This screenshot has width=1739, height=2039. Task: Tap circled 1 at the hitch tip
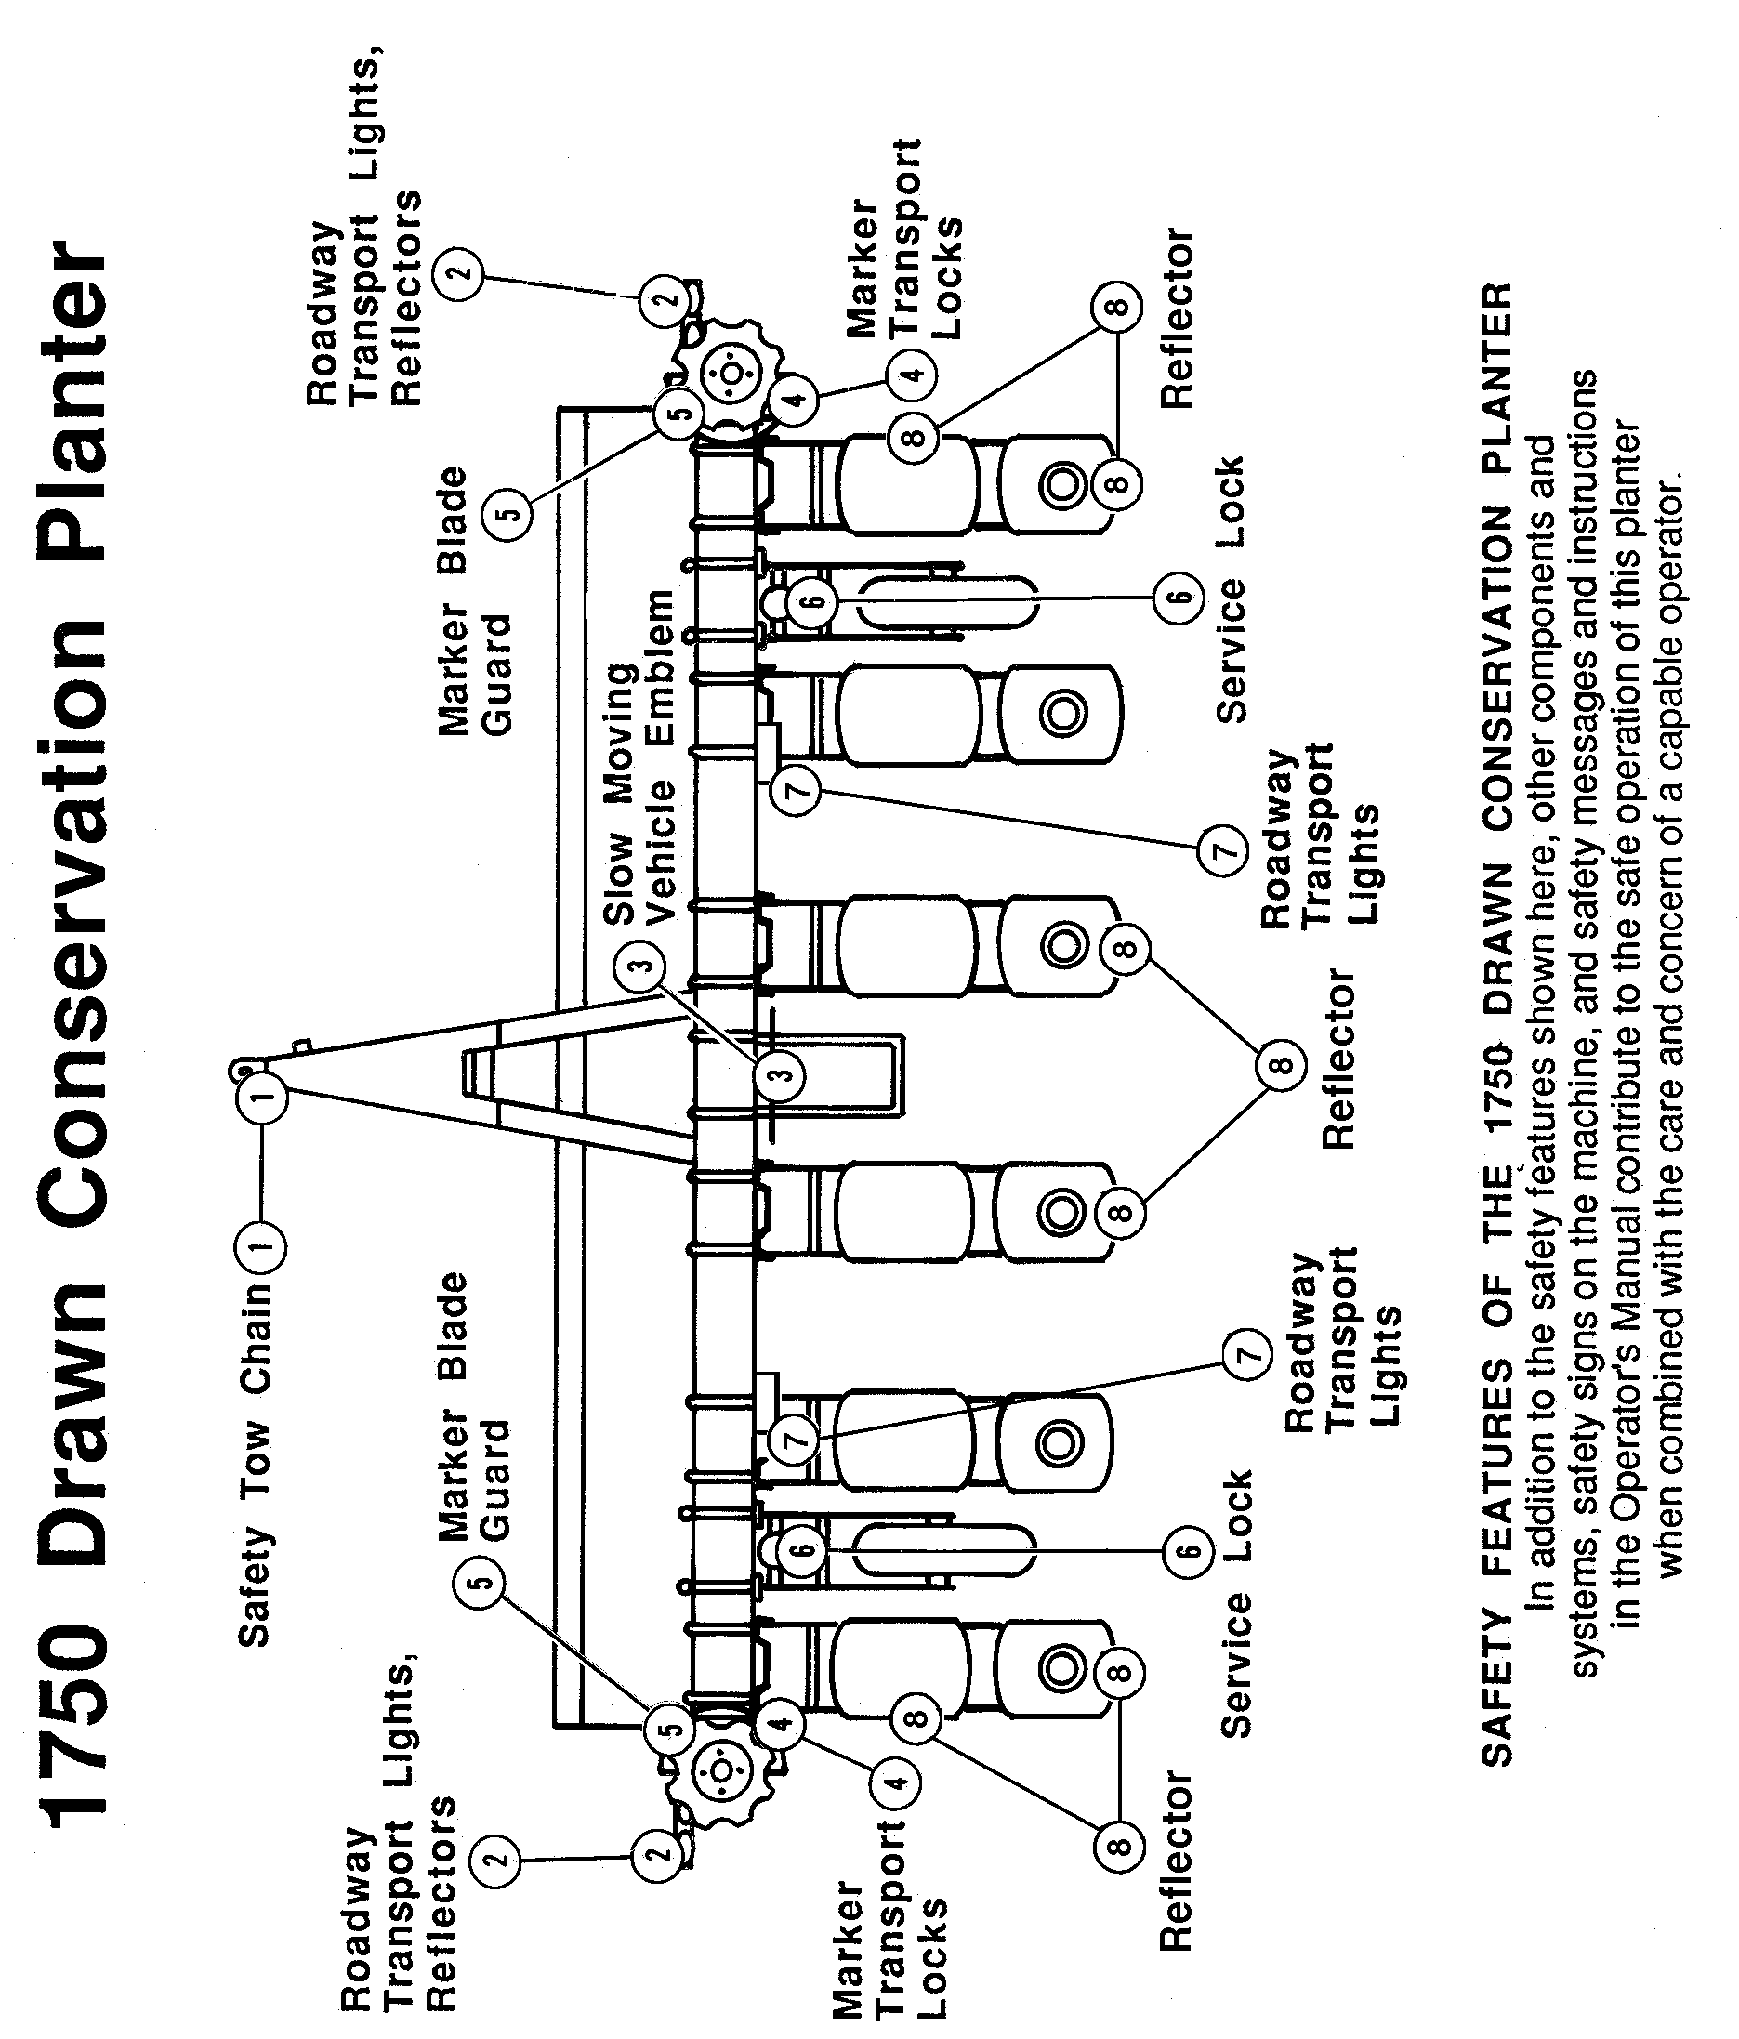[262, 1098]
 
